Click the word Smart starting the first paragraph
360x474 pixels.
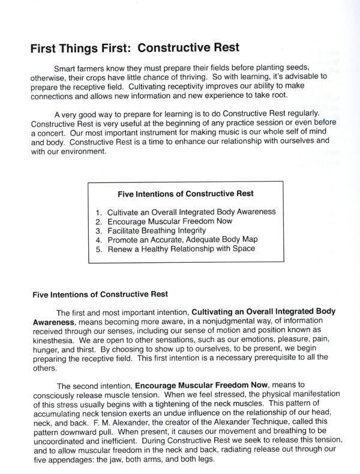pos(65,67)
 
